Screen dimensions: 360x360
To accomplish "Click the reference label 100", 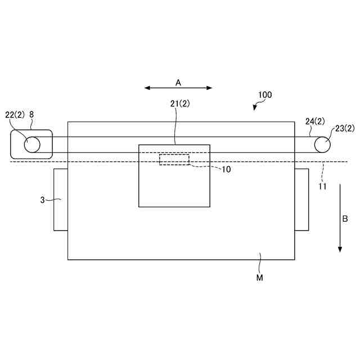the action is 265,95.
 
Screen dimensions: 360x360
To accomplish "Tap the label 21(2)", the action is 180,104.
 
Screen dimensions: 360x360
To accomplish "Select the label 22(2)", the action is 15,115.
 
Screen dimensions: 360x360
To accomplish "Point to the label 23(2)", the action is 345,129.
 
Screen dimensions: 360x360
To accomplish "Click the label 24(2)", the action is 315,121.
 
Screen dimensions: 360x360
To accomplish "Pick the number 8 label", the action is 31,114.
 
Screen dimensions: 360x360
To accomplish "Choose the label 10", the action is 226,169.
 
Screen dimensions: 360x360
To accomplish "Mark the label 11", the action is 322,186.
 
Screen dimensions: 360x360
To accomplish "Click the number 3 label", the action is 43,200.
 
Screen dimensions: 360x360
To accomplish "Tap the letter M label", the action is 260,278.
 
